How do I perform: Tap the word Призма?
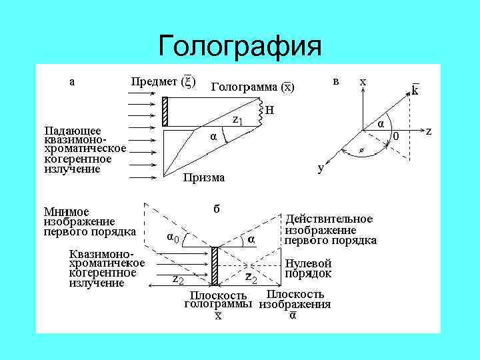pos(204,177)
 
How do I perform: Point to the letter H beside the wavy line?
pos(269,110)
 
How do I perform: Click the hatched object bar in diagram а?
pos(165,111)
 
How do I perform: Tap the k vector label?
pos(414,91)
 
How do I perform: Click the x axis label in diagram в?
pos(363,81)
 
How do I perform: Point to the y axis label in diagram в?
pos(321,169)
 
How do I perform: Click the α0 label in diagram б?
pos(172,237)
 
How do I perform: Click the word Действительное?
pos(329,219)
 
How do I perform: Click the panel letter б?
pos(217,207)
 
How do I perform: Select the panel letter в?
pos(336,81)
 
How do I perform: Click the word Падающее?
pos(73,130)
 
